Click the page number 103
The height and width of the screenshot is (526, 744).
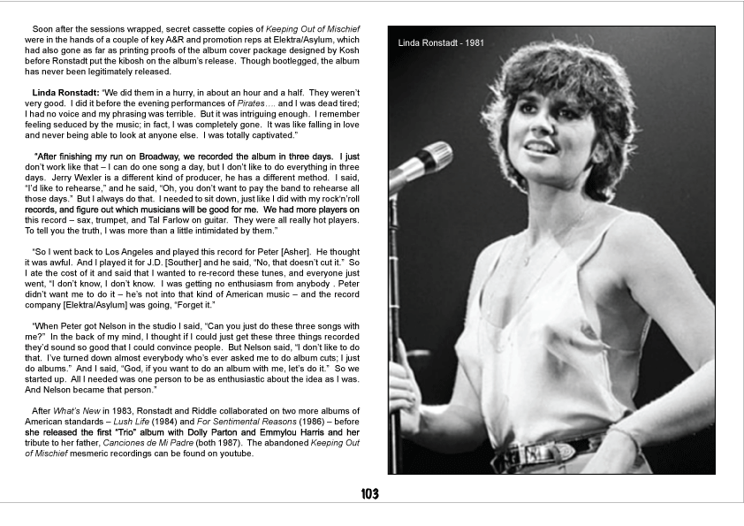(372, 493)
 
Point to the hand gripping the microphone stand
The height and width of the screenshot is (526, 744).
(405, 390)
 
